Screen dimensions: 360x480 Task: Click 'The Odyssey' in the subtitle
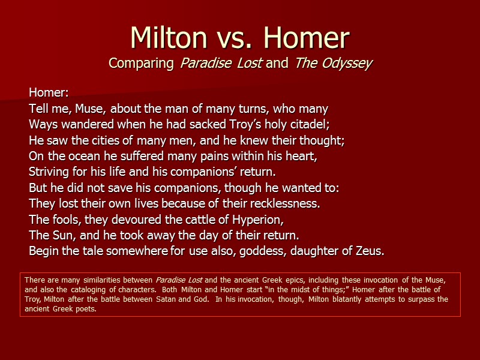[x=334, y=63]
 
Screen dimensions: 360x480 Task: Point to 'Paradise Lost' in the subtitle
[x=221, y=63]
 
